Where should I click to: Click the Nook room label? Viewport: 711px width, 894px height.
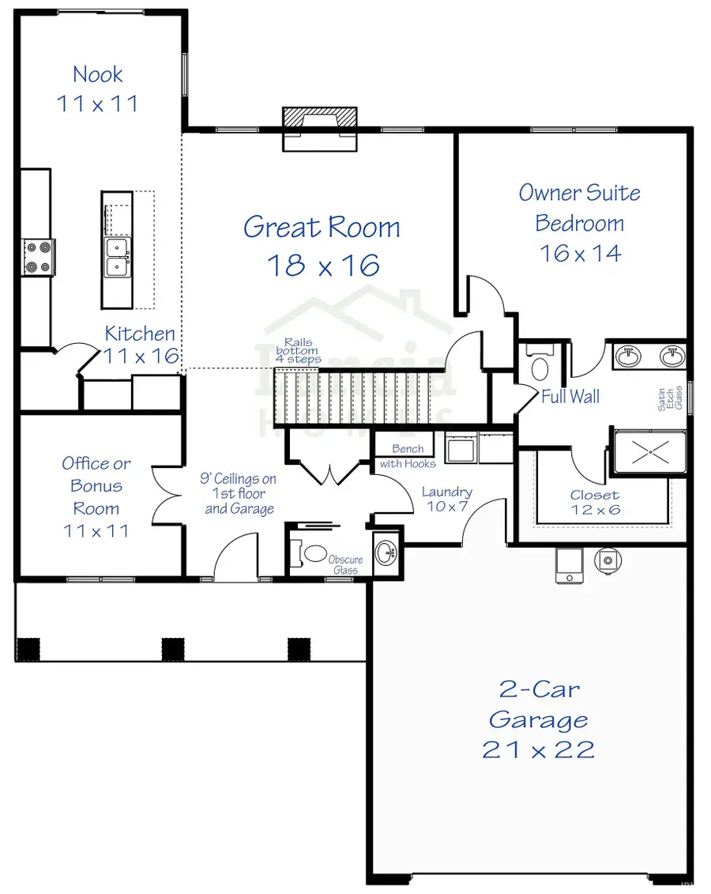[x=97, y=75]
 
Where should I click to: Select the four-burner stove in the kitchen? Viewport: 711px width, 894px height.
[x=38, y=257]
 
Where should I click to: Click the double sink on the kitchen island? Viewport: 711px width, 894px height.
[x=117, y=258]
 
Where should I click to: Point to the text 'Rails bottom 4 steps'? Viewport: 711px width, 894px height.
[x=298, y=351]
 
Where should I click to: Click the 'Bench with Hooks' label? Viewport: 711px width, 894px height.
[x=408, y=456]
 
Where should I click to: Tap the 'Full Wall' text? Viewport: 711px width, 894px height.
[x=570, y=397]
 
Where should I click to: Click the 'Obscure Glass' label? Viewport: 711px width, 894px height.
[x=345, y=564]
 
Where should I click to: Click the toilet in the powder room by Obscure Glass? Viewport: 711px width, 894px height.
[x=314, y=553]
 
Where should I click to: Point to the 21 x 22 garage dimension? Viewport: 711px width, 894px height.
[x=538, y=749]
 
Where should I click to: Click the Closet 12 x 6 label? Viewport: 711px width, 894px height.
[x=595, y=502]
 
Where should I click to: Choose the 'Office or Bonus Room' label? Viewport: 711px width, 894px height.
[x=96, y=485]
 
